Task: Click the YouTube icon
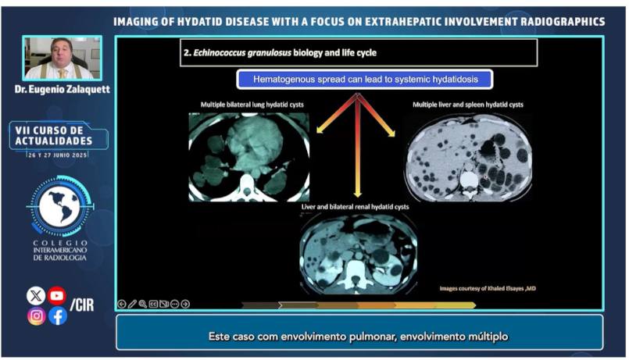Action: click(57, 296)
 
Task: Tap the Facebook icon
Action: click(58, 316)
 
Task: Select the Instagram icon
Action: click(36, 316)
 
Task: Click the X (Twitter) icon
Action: click(36, 296)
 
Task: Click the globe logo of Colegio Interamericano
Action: click(60, 206)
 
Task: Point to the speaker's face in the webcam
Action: click(62, 52)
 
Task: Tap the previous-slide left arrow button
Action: click(122, 304)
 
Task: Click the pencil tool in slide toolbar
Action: click(132, 304)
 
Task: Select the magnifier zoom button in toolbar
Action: click(143, 304)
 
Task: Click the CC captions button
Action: click(153, 304)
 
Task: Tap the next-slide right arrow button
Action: click(185, 304)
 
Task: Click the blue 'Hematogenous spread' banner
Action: click(365, 80)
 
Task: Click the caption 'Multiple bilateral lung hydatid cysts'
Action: click(252, 105)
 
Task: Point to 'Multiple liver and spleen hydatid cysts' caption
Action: click(468, 105)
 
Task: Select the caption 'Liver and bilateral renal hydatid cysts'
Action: click(355, 207)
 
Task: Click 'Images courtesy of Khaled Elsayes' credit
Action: click(488, 288)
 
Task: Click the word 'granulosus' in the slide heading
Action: click(268, 53)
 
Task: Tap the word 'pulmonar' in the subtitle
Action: click(372, 337)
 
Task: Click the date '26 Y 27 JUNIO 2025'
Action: click(58, 155)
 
